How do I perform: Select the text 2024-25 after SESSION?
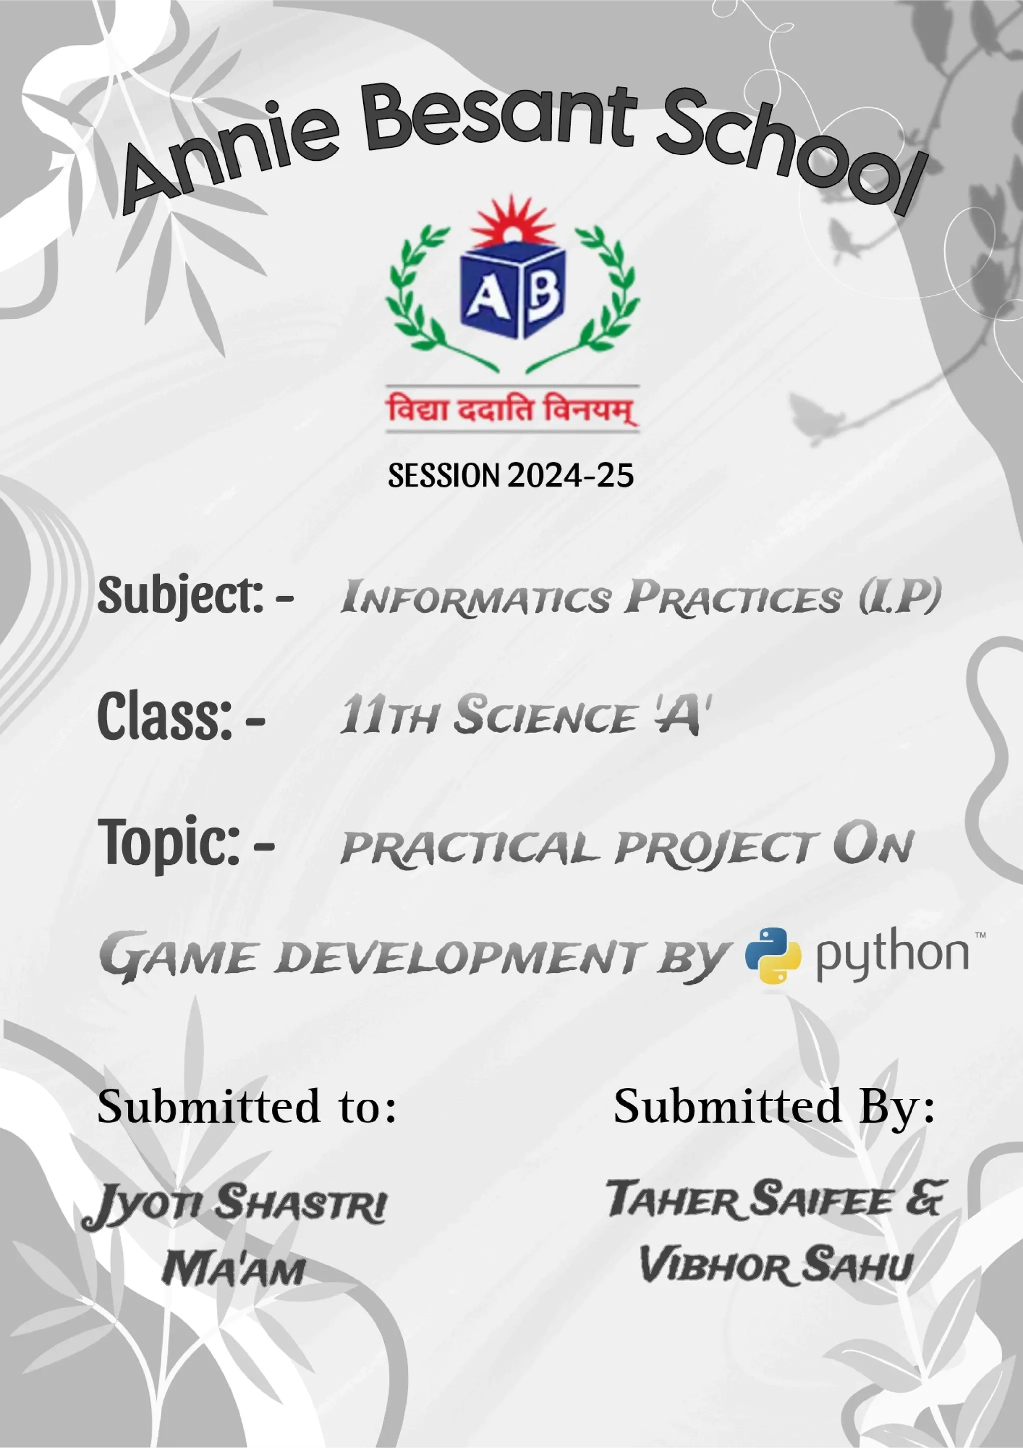tap(570, 476)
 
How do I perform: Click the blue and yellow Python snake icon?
tap(773, 955)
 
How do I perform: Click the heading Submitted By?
tap(774, 1107)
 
